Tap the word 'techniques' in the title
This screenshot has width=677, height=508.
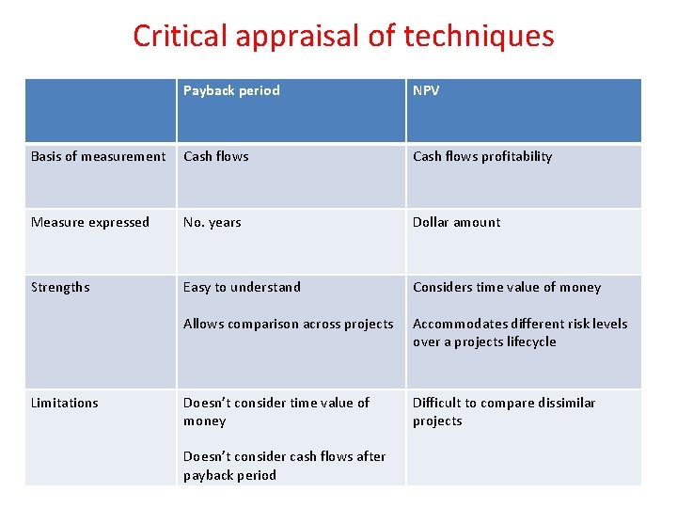(x=479, y=36)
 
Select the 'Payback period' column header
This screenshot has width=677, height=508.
(x=231, y=90)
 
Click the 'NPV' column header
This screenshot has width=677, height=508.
(x=426, y=90)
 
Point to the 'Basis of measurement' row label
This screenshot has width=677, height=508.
(x=98, y=156)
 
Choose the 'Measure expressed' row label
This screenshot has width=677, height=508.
(x=90, y=222)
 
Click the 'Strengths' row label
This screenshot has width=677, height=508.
(x=60, y=287)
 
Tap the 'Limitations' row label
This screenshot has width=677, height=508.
(x=65, y=403)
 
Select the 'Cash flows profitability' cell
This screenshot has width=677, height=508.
(x=482, y=156)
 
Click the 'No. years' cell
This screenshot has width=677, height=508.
(x=213, y=222)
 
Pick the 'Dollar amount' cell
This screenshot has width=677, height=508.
(x=456, y=222)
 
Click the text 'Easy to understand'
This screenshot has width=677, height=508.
(x=242, y=287)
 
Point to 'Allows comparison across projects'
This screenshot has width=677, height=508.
(x=289, y=324)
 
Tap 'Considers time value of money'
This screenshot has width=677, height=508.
(x=507, y=287)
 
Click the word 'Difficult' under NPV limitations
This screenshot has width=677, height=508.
(x=435, y=403)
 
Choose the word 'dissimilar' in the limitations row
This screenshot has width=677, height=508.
(x=561, y=403)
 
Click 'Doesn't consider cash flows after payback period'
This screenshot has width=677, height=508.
(x=284, y=466)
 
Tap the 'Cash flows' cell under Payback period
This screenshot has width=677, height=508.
(x=216, y=156)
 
